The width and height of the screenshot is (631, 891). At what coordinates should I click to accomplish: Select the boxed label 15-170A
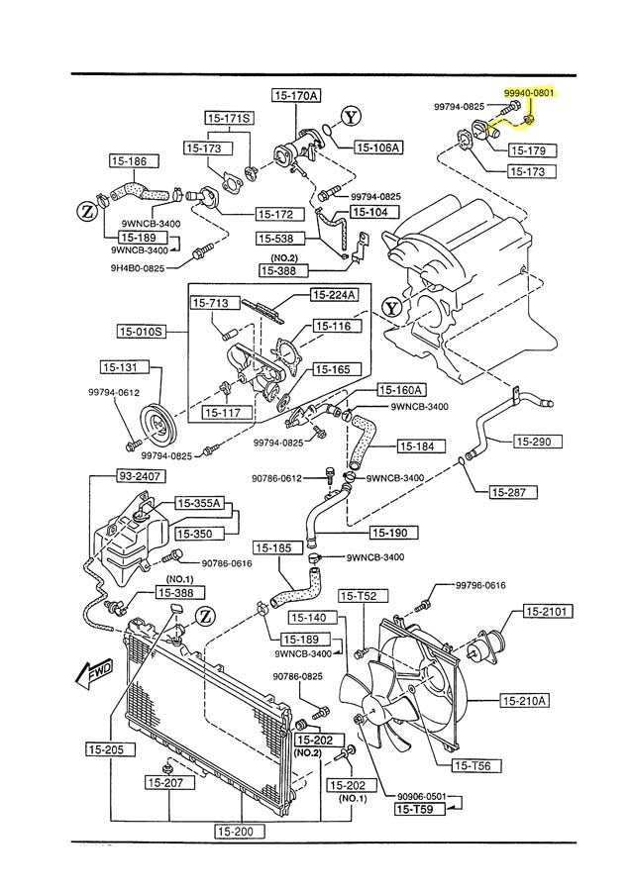296,96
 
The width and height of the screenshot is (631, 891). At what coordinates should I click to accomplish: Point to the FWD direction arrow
92,674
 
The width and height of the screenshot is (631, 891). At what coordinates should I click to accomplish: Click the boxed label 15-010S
141,331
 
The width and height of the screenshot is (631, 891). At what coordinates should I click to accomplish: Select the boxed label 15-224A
335,294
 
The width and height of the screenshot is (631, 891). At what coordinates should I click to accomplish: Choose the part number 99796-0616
480,585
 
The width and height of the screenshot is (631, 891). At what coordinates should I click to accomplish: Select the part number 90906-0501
423,795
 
